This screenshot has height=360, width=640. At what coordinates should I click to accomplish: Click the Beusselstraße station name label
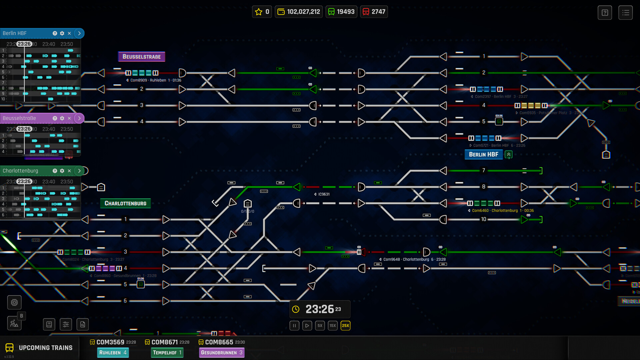tap(142, 57)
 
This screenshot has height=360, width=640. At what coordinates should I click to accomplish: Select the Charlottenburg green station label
tap(125, 203)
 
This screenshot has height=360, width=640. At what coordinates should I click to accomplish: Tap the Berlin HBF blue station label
tap(483, 154)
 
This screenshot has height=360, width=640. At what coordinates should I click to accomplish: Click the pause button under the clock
tap(294, 326)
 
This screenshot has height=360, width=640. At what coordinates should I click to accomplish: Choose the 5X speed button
tap(320, 326)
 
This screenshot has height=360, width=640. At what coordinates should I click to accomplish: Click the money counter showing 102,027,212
tap(299, 12)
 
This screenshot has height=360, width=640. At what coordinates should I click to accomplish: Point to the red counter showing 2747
tap(374, 12)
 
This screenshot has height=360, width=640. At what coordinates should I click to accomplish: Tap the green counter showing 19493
tap(341, 12)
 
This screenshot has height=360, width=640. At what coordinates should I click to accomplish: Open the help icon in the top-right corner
tap(605, 13)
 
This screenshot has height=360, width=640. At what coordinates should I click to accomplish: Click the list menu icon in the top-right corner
tap(625, 13)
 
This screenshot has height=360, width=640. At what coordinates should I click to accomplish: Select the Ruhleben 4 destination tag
tap(113, 353)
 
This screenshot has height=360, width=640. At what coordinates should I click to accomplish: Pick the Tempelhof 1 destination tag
tap(167, 353)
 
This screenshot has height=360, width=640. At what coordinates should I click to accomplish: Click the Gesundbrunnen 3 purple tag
tap(222, 353)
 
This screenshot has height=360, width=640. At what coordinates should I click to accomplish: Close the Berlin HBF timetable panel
tap(69, 33)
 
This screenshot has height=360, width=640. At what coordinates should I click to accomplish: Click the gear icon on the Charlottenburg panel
tap(62, 171)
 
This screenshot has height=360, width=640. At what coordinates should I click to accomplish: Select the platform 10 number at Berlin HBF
tap(483, 219)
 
